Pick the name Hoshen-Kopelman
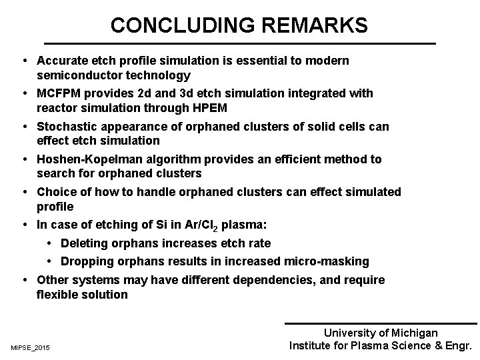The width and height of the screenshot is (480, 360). pyautogui.click(x=85, y=159)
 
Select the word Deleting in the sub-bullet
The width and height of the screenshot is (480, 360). pyautogui.click(x=84, y=244)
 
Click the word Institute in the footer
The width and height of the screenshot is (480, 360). pyautogui.click(x=310, y=346)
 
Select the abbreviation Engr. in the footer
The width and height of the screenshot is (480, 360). pyautogui.click(x=457, y=346)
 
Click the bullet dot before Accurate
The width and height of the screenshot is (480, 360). pyautogui.click(x=24, y=61)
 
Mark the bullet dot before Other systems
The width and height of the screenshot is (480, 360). pyautogui.click(x=24, y=280)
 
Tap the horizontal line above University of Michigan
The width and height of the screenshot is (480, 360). pyautogui.click(x=381, y=324)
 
